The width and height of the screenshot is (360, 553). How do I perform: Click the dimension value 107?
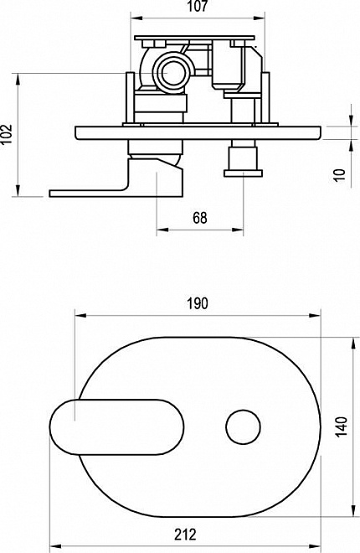(x=198, y=6)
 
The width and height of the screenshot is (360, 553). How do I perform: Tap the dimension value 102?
(x=7, y=133)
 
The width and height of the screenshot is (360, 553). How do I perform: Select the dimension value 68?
(x=200, y=218)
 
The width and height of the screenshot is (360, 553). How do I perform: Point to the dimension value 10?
(x=340, y=175)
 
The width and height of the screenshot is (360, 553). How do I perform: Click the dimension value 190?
(x=198, y=303)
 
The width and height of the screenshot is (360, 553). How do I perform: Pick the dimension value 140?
(x=341, y=426)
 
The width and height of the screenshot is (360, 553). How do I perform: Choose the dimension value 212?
(x=186, y=535)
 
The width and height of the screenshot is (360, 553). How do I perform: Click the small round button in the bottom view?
(x=243, y=426)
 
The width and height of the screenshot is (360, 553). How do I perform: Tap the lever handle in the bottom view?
(x=117, y=426)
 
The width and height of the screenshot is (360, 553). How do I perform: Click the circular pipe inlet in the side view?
(x=172, y=73)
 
